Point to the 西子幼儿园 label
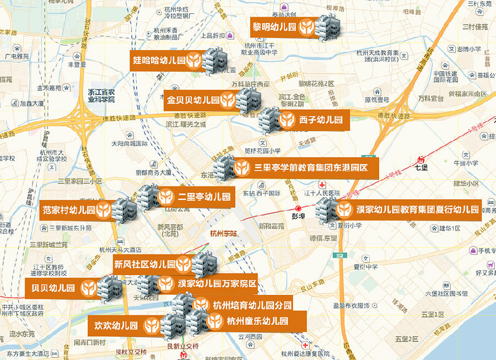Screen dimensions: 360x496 (x=313, y=120)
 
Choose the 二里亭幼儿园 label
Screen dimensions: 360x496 (x=196, y=197)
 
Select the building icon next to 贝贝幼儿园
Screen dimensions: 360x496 (x=111, y=288)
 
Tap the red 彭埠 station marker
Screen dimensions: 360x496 (x=298, y=209)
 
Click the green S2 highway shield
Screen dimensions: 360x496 (x=339, y=256)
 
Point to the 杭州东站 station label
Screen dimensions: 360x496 (x=223, y=233)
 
